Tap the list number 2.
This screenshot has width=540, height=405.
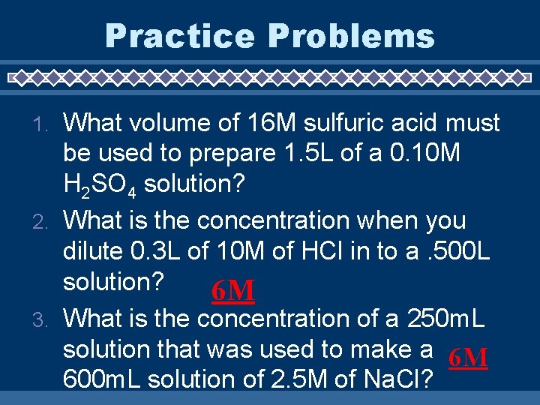(44, 222)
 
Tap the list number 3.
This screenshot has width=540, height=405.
(44, 320)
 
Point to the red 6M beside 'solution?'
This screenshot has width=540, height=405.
(232, 290)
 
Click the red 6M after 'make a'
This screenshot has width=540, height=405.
(468, 358)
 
